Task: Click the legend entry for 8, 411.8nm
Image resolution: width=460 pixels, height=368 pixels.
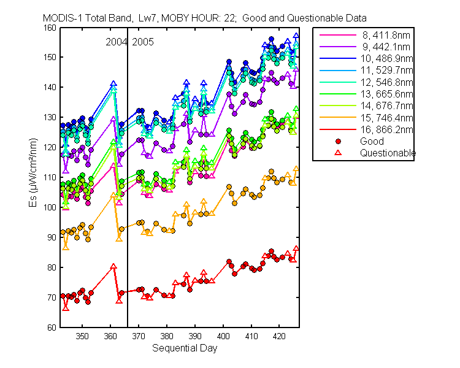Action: pyautogui.click(x=386, y=35)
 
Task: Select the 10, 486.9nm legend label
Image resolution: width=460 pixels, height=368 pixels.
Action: pyautogui.click(x=386, y=59)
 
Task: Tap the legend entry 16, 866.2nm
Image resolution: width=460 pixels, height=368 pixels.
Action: pyautogui.click(x=386, y=129)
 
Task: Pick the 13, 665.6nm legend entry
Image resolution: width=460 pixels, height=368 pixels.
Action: pyautogui.click(x=386, y=94)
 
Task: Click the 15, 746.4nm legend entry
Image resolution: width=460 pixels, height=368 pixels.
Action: pyautogui.click(x=386, y=118)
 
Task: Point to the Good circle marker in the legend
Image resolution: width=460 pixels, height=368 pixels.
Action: pyautogui.click(x=338, y=142)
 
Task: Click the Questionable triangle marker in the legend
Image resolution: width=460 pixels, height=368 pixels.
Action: pyautogui.click(x=338, y=153)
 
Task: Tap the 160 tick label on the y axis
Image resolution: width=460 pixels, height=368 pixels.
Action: pyautogui.click(x=50, y=28)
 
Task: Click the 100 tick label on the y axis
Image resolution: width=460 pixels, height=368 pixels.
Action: pyautogui.click(x=50, y=207)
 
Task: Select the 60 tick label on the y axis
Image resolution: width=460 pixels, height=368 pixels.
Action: pyautogui.click(x=52, y=328)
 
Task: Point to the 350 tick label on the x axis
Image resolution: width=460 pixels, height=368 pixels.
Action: pyautogui.click(x=82, y=336)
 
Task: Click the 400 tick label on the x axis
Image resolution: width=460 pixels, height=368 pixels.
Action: pyautogui.click(x=223, y=336)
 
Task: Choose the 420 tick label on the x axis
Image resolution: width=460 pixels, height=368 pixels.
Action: pyautogui.click(x=280, y=336)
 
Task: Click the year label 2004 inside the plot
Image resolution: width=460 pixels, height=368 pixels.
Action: pyautogui.click(x=116, y=42)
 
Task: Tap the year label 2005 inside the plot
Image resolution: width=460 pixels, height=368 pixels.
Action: pyautogui.click(x=143, y=42)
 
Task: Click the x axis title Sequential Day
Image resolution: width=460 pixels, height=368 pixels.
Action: pyautogui.click(x=185, y=348)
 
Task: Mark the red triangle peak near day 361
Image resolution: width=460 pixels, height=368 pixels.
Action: pyautogui.click(x=113, y=266)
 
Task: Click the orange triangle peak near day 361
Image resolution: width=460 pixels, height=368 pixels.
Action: pyautogui.click(x=113, y=195)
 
